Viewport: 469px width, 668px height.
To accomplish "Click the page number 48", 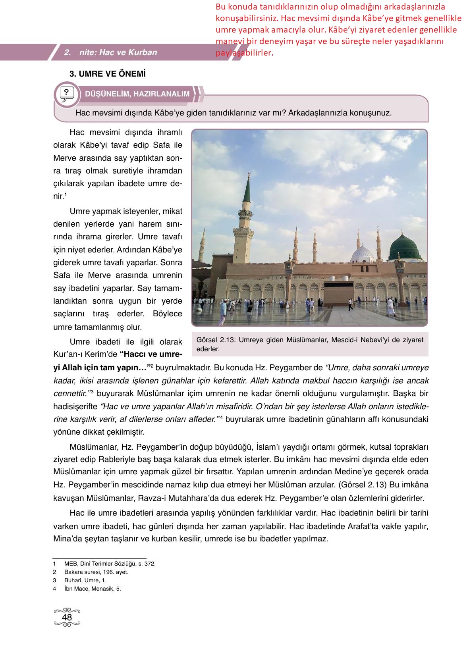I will click(67, 617).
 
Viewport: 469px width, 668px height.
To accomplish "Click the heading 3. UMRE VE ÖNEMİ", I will click(108, 74).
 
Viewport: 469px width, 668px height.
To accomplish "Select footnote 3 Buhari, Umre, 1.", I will click(85, 580).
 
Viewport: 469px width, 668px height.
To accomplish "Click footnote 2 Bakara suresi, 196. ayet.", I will click(96, 572).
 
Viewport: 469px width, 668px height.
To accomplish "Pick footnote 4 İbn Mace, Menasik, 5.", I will click(92, 589).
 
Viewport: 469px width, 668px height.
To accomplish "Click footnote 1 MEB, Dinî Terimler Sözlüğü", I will click(110, 564).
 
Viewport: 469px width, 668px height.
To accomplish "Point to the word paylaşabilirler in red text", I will click(244, 53).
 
